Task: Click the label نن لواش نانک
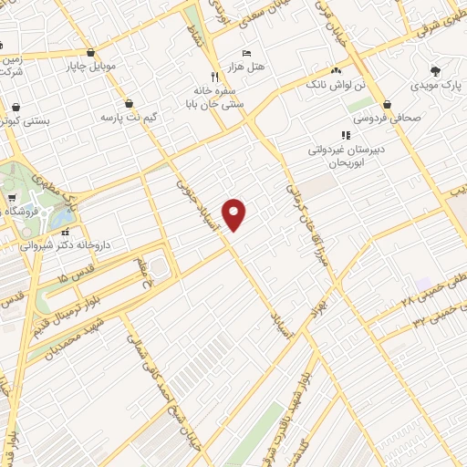[365, 84]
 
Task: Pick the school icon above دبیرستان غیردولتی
[345, 135]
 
